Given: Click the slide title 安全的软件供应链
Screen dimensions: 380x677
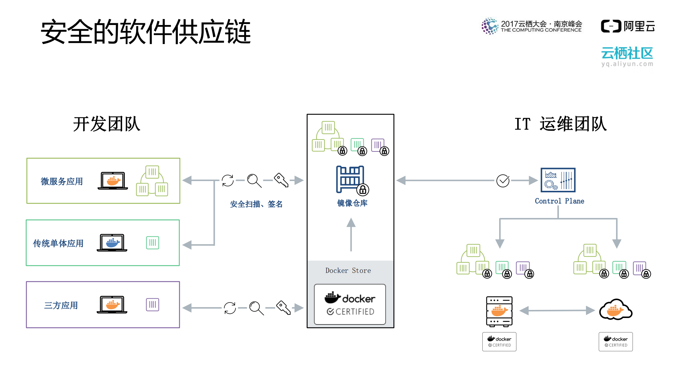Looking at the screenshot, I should (x=145, y=32).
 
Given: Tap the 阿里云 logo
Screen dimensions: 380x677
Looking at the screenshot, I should (x=628, y=26).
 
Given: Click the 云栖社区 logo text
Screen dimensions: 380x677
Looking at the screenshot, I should (x=627, y=54).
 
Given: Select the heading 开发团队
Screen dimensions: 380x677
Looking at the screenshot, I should (x=107, y=124).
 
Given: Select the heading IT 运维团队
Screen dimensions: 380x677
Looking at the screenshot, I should (x=560, y=124).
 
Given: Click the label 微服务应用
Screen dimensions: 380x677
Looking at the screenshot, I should (x=62, y=181).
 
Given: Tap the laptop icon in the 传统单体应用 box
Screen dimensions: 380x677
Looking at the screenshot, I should (x=112, y=243).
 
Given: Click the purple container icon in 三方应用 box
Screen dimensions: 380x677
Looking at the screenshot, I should (x=152, y=305).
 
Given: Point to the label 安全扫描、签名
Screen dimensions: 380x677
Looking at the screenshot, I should (x=256, y=204).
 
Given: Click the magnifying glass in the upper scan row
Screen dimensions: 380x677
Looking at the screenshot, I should (x=254, y=180).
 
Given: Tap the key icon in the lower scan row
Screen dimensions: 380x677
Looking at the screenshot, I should (x=283, y=307).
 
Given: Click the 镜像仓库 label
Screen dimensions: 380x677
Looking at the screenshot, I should (x=352, y=203).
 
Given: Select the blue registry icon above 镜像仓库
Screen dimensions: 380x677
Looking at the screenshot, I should (x=351, y=180).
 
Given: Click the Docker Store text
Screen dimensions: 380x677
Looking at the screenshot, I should (x=348, y=270).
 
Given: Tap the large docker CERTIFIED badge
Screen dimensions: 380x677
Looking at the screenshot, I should (x=350, y=304).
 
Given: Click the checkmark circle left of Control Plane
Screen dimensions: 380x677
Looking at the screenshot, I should (x=503, y=181).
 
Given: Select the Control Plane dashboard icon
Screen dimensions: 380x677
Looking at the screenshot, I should (x=558, y=180).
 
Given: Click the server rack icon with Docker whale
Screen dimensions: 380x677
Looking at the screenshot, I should (x=499, y=311).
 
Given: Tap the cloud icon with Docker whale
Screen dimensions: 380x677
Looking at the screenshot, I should (x=616, y=310).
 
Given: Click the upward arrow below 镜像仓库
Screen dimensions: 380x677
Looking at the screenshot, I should (x=351, y=234).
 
